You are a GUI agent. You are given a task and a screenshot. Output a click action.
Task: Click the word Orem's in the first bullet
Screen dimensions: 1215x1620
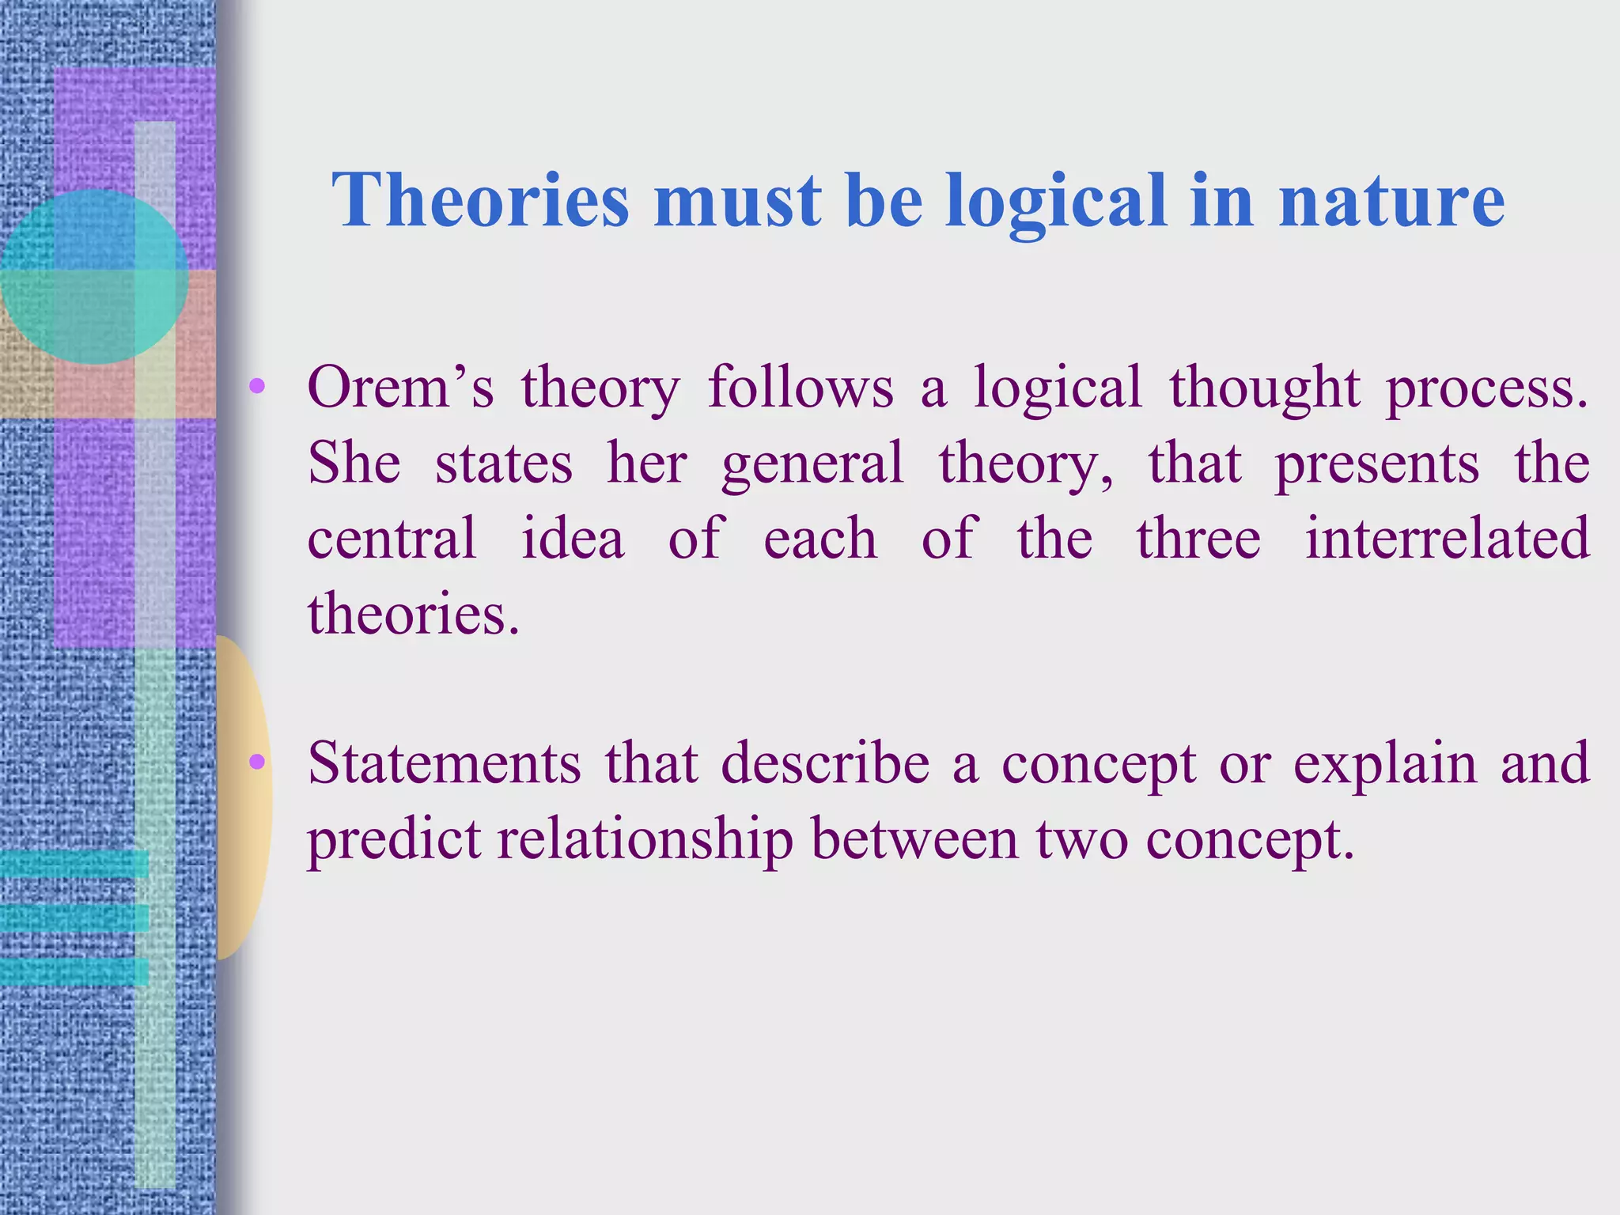(400, 388)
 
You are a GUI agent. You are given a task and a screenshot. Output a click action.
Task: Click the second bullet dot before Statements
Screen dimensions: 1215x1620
(256, 762)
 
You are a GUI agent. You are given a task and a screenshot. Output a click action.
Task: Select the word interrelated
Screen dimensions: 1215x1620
(1447, 538)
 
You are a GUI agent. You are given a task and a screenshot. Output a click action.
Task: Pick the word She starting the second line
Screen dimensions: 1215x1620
(354, 463)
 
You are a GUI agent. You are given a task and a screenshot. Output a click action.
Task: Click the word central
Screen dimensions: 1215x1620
(392, 538)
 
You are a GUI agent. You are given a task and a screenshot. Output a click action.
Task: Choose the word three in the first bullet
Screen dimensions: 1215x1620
(1198, 538)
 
